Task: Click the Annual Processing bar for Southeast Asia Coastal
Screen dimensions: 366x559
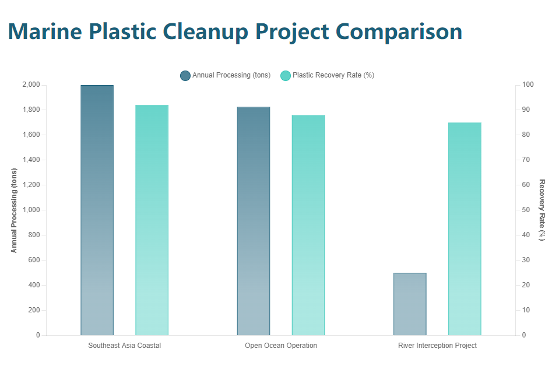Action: pyautogui.click(x=97, y=210)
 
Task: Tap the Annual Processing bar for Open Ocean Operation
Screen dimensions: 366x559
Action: pyautogui.click(x=254, y=221)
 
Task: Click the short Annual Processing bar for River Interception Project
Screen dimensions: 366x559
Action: pyautogui.click(x=410, y=304)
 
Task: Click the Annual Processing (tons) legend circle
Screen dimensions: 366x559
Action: pyautogui.click(x=185, y=75)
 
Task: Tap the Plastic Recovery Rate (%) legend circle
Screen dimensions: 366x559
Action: pyautogui.click(x=286, y=75)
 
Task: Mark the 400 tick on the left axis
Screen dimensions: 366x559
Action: pyautogui.click(x=34, y=285)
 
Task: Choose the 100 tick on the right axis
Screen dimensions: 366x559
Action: pyautogui.click(x=527, y=85)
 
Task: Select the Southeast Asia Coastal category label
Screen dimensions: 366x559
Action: pyautogui.click(x=124, y=346)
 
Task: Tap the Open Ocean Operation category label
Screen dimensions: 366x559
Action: pyautogui.click(x=281, y=346)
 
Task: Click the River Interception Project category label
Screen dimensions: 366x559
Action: pyautogui.click(x=437, y=346)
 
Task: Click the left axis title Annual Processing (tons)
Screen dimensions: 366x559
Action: pyautogui.click(x=15, y=210)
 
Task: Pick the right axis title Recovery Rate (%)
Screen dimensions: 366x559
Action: pyautogui.click(x=542, y=210)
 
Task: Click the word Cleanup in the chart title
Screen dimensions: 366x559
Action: pyautogui.click(x=244, y=31)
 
